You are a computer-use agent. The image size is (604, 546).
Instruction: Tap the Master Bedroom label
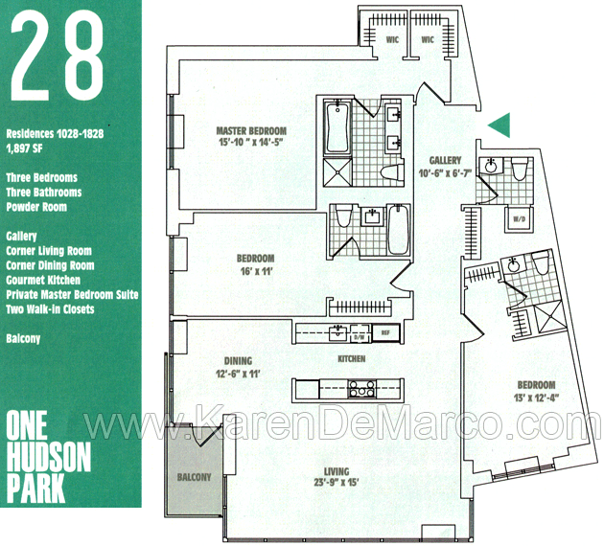click(251, 131)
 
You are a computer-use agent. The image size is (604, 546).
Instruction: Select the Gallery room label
click(445, 161)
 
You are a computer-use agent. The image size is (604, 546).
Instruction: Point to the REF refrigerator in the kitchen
click(385, 333)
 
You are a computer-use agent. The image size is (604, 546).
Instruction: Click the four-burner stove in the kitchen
click(361, 389)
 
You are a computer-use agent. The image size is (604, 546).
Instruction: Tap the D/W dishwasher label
click(361, 337)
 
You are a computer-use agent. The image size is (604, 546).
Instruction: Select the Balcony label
click(194, 477)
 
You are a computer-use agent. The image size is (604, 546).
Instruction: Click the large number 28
click(57, 55)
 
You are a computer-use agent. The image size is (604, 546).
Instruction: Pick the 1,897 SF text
click(24, 148)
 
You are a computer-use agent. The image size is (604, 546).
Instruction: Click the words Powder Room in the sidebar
click(36, 207)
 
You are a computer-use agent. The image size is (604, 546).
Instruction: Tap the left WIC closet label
click(392, 39)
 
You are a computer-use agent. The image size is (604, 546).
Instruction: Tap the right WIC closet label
click(428, 39)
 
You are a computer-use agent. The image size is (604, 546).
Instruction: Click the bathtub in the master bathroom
click(337, 127)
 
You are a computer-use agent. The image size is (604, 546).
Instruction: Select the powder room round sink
click(490, 167)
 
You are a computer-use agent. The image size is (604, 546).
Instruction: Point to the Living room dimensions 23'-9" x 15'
click(337, 482)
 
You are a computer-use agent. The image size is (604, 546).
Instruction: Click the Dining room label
click(238, 361)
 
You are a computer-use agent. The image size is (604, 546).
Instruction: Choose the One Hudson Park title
click(49, 457)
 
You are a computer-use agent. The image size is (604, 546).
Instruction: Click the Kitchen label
click(352, 359)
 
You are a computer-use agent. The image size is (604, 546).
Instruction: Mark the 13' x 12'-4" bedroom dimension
click(536, 398)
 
